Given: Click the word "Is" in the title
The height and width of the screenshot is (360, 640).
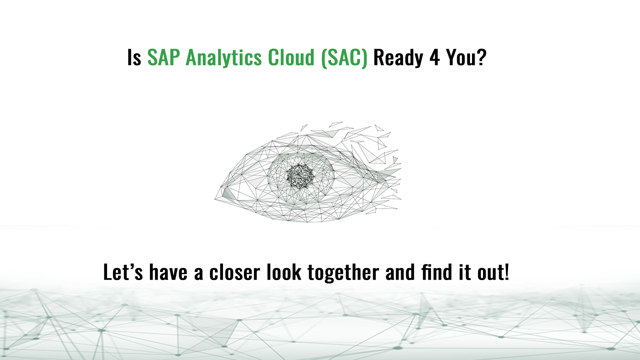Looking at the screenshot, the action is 134,57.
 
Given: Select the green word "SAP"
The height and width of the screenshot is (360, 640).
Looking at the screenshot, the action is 164,57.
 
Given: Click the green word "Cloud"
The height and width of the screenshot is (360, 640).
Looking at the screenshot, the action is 291,57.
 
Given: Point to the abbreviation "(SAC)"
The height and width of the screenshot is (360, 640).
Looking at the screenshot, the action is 344,58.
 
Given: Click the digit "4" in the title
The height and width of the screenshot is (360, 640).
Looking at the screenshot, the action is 435,57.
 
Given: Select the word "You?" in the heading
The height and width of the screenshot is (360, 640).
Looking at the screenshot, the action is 466,57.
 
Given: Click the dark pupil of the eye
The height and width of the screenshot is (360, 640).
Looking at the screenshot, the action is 300,176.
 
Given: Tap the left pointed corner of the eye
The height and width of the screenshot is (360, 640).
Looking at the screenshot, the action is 215,199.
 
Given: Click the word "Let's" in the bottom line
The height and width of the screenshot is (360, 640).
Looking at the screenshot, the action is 123,272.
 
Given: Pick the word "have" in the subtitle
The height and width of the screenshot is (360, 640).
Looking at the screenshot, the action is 168,272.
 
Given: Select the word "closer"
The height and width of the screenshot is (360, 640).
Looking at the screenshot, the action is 234,272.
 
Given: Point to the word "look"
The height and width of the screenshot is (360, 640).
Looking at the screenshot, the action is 284,272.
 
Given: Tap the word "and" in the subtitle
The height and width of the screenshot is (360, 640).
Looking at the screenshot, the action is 400,272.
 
